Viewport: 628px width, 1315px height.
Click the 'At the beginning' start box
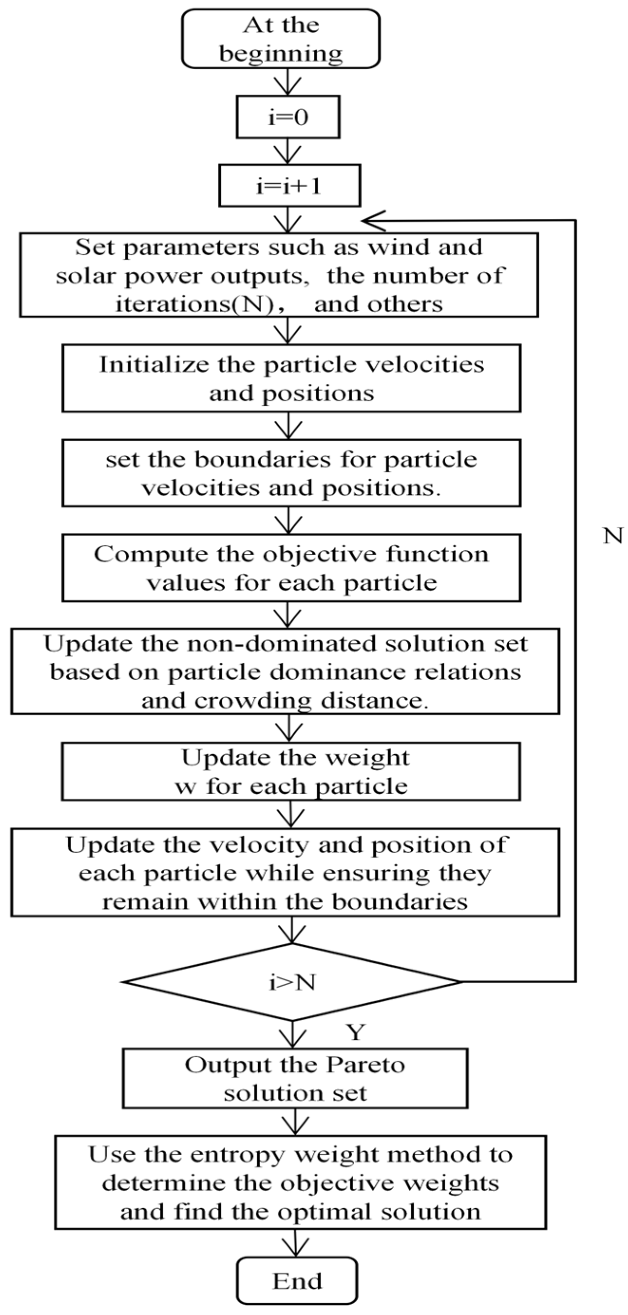pyautogui.click(x=281, y=39)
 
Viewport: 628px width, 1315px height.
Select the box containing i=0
pyautogui.click(x=288, y=117)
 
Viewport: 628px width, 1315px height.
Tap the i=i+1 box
pyautogui.click(x=290, y=186)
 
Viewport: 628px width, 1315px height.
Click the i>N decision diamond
pyautogui.click(x=292, y=982)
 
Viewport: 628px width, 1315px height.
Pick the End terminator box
pyautogui.click(x=297, y=1281)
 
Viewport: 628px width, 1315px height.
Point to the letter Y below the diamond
pyautogui.click(x=356, y=1032)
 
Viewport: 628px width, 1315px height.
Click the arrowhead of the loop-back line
pyautogui.click(x=370, y=221)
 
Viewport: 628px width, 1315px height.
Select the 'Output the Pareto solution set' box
pyautogui.click(x=295, y=1079)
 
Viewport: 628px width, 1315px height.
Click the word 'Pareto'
pyautogui.click(x=366, y=1065)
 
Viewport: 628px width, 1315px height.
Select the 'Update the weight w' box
pyautogui.click(x=291, y=771)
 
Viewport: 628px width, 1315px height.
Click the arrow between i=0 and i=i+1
pyautogui.click(x=288, y=151)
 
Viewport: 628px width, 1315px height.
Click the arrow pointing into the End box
pyautogui.click(x=296, y=1244)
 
